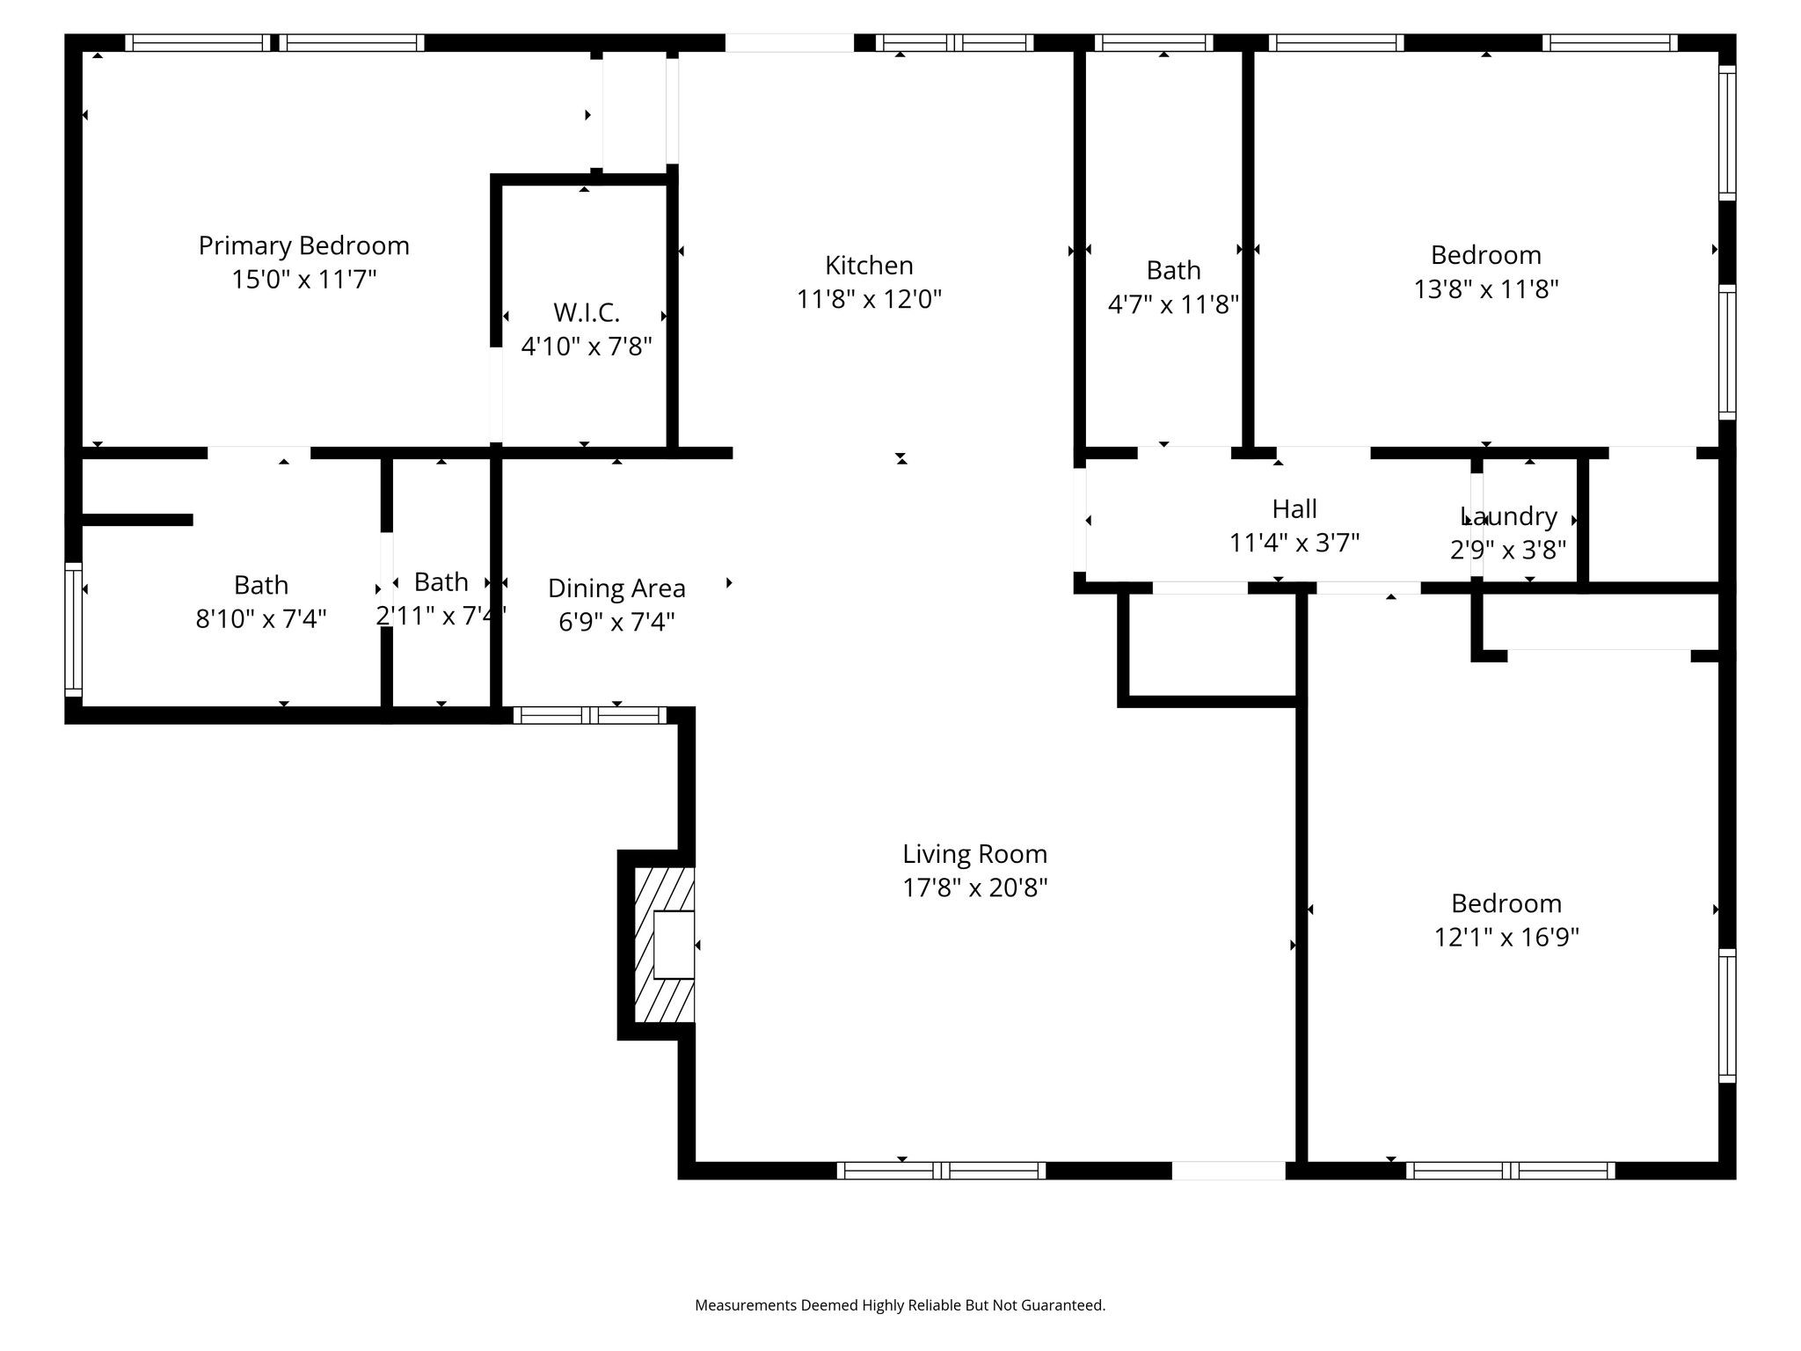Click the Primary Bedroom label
[x=303, y=245]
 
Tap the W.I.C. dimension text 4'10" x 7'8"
[x=587, y=347]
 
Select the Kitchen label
[x=869, y=265]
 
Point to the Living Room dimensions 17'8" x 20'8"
[x=974, y=887]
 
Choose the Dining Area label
[x=616, y=588]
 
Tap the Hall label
[x=1294, y=508]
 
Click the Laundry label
[x=1509, y=516]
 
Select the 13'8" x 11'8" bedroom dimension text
[x=1486, y=289]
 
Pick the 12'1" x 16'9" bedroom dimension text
[x=1506, y=938]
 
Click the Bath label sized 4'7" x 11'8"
[x=1173, y=270]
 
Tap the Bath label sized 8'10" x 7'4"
[x=261, y=585]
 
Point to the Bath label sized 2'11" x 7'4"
[x=441, y=581]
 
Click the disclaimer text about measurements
[x=900, y=1305]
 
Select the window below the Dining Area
[x=590, y=715]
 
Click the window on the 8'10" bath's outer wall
[x=74, y=630]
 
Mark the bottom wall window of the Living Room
[x=941, y=1171]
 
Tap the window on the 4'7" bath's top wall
[x=1154, y=42]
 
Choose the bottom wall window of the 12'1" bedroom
[x=1510, y=1171]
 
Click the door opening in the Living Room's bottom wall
[x=1229, y=1171]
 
